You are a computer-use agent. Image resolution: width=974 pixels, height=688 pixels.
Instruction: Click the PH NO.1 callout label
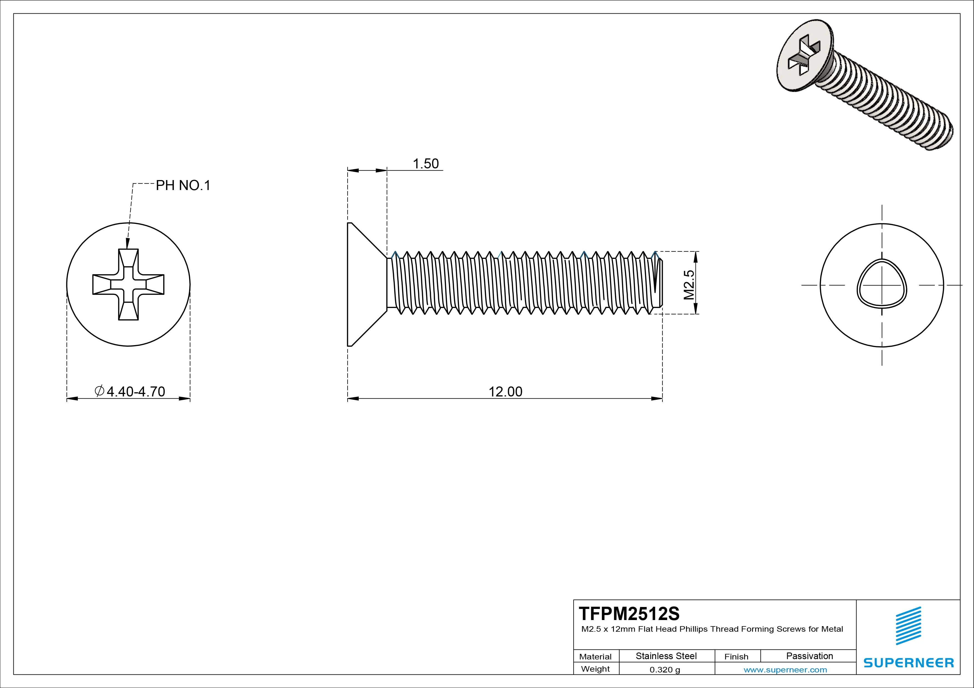[x=183, y=185]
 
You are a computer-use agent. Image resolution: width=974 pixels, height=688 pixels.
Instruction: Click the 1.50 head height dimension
[x=425, y=164]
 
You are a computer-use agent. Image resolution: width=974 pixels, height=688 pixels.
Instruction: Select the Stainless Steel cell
[x=666, y=656]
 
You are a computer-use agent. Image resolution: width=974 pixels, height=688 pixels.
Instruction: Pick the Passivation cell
[x=809, y=656]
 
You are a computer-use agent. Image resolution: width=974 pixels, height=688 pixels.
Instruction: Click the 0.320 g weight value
[x=665, y=670]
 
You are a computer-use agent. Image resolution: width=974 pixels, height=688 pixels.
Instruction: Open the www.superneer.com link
[x=785, y=670]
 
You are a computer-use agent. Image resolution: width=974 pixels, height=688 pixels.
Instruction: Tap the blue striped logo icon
[x=908, y=626]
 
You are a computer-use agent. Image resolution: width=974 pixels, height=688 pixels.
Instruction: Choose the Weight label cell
[x=595, y=669]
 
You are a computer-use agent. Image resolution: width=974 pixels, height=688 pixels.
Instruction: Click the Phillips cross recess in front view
[x=128, y=284]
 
